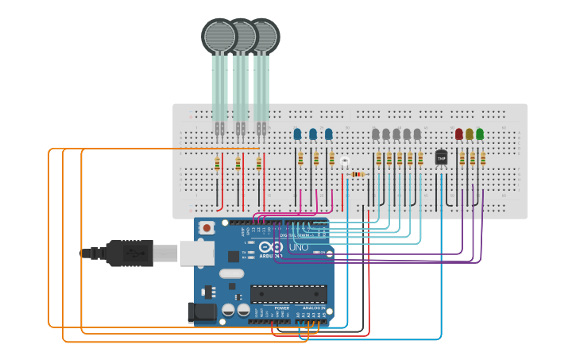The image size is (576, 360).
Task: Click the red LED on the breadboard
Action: pos(458,134)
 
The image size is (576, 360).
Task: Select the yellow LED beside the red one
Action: pos(470,134)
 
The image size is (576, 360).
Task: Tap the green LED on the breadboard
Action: pos(480,134)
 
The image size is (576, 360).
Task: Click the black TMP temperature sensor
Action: pos(441,157)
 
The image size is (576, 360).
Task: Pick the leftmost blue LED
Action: pos(297,134)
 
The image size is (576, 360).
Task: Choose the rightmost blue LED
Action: pos(328,134)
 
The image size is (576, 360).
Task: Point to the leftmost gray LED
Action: pos(376,134)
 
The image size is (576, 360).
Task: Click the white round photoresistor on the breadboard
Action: pos(345,162)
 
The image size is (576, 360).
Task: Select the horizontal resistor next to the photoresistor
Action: pos(358,174)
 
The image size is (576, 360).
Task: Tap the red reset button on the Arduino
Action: pos(207,227)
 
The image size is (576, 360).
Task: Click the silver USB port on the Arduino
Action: pos(196,253)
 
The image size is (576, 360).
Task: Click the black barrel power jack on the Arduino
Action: pos(200,312)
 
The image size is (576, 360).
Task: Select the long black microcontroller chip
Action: pos(288,293)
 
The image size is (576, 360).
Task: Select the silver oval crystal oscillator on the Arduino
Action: pos(229,275)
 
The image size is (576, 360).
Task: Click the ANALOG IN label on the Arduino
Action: pos(312,308)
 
